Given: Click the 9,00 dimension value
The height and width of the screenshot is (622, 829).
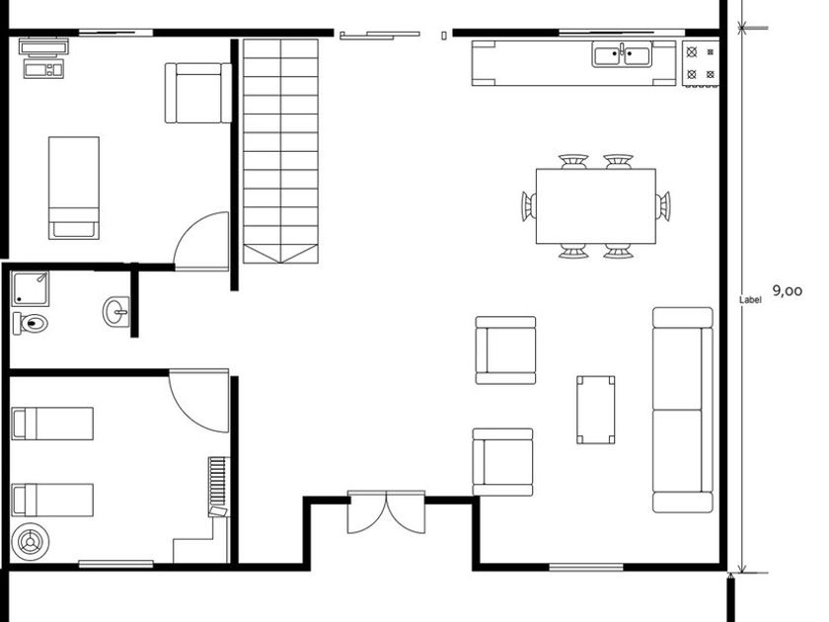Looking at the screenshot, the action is point(788,291).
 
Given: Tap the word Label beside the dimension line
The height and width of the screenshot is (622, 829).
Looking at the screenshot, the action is point(750,300).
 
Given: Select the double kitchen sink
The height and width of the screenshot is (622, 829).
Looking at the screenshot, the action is point(622,55).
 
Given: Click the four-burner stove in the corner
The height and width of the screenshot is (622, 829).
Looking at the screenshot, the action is point(701,63).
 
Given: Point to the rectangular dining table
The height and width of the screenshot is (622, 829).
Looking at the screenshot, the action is point(596,206).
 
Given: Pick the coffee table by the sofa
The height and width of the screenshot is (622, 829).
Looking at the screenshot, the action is point(596,410).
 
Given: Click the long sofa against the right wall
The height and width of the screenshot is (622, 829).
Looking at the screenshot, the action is point(683,410).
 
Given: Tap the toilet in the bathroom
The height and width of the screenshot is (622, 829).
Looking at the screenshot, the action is point(31,323).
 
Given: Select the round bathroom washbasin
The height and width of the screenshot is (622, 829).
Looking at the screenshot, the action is point(116,312).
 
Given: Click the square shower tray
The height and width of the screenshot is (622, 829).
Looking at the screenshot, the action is point(31,288).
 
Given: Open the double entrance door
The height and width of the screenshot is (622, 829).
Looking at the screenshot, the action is point(387,512).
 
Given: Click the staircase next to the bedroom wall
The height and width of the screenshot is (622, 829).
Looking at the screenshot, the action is point(280,151).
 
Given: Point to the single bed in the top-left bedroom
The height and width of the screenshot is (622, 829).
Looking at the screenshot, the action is point(74,188).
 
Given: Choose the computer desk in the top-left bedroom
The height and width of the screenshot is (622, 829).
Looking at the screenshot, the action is point(43,58).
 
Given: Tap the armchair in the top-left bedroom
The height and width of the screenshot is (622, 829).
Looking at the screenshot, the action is point(198,93).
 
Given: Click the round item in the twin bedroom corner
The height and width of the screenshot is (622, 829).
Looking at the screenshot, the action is point(31,542).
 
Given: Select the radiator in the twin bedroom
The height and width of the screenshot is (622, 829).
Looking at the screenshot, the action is point(218,487).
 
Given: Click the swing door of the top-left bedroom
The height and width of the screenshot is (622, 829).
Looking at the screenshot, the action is point(201,241).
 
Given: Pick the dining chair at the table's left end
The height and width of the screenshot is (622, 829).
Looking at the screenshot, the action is point(529,205).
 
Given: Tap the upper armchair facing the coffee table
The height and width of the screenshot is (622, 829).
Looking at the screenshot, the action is point(506,350).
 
